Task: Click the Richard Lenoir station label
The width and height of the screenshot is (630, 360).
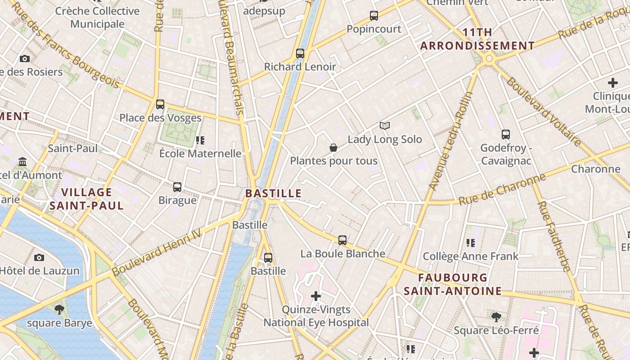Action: point(300,67)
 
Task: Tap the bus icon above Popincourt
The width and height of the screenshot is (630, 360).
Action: point(374,16)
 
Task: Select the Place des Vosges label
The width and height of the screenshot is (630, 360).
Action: point(160,118)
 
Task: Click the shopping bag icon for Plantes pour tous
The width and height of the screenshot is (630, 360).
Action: point(333,148)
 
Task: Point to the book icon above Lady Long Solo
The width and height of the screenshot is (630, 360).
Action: point(384,126)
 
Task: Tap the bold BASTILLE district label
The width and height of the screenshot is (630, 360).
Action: point(273,193)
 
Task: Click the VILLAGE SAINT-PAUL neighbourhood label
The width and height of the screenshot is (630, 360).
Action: point(86,199)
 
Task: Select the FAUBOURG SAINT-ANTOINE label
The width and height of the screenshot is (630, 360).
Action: point(453,284)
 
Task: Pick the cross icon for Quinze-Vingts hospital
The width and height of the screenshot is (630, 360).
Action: point(316,296)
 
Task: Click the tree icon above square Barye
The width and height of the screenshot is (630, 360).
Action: point(59,310)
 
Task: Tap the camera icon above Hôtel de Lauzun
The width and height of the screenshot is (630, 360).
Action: point(39,257)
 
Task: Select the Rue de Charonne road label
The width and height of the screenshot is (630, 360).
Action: point(502,190)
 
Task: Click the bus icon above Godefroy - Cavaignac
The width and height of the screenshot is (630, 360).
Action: point(506,134)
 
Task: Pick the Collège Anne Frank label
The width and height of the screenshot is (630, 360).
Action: point(471,256)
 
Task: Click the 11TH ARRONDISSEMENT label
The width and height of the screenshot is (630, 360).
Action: point(477,39)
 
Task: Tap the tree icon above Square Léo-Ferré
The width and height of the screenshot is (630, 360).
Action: point(496,317)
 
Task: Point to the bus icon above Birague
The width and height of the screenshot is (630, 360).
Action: point(177,187)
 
